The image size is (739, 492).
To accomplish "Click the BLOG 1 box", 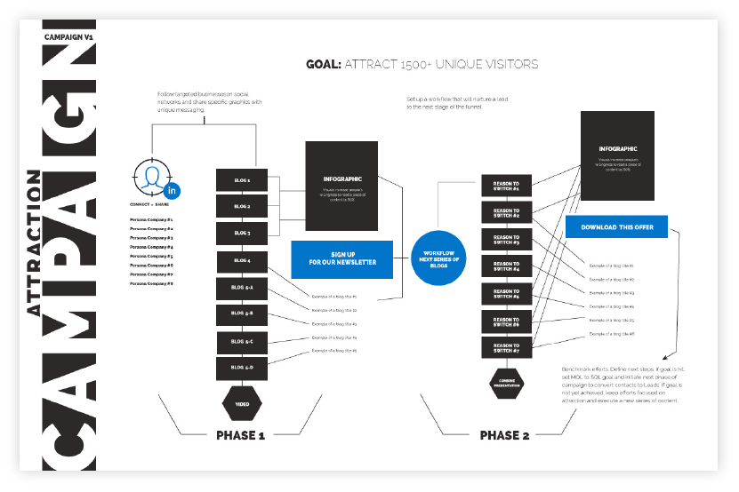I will [242, 180].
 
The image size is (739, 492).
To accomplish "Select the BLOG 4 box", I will [242, 261].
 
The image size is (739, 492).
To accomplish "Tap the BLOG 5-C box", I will [242, 341].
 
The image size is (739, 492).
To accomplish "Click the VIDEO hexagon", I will [242, 403].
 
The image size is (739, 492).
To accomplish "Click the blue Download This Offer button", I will [616, 227].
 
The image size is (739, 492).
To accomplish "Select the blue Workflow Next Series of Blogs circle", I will [438, 258].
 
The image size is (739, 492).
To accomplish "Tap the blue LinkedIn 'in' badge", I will [173, 190].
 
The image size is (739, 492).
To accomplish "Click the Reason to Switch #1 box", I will [506, 186].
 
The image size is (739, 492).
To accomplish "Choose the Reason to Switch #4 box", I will [506, 266].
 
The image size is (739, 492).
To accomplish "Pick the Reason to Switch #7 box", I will [506, 348].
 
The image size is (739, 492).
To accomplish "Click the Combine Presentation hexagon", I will [505, 385].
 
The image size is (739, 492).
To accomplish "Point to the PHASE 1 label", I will [240, 436].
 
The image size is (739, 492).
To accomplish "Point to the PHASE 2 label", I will [504, 436].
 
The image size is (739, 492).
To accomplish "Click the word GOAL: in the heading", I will [322, 65].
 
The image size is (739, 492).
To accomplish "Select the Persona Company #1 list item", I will [151, 219].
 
